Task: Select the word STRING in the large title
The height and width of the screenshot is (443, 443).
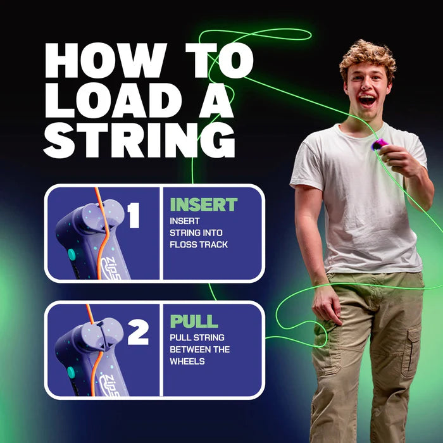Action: tap(139, 140)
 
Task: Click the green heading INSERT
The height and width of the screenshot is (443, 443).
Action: tap(204, 205)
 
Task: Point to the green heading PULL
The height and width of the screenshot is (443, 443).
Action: tap(194, 321)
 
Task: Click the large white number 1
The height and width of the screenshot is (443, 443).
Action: tap(134, 216)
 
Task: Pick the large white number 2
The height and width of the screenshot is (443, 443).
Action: tap(137, 333)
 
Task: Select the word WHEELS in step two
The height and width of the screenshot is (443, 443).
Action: tap(187, 361)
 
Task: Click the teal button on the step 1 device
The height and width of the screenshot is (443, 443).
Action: tap(72, 254)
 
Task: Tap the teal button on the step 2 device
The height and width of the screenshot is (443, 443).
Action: tap(72, 371)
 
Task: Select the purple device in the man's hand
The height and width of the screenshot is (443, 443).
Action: tap(378, 146)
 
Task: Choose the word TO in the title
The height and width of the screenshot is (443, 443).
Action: tap(211, 61)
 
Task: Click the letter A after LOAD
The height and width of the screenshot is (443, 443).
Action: tap(211, 101)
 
